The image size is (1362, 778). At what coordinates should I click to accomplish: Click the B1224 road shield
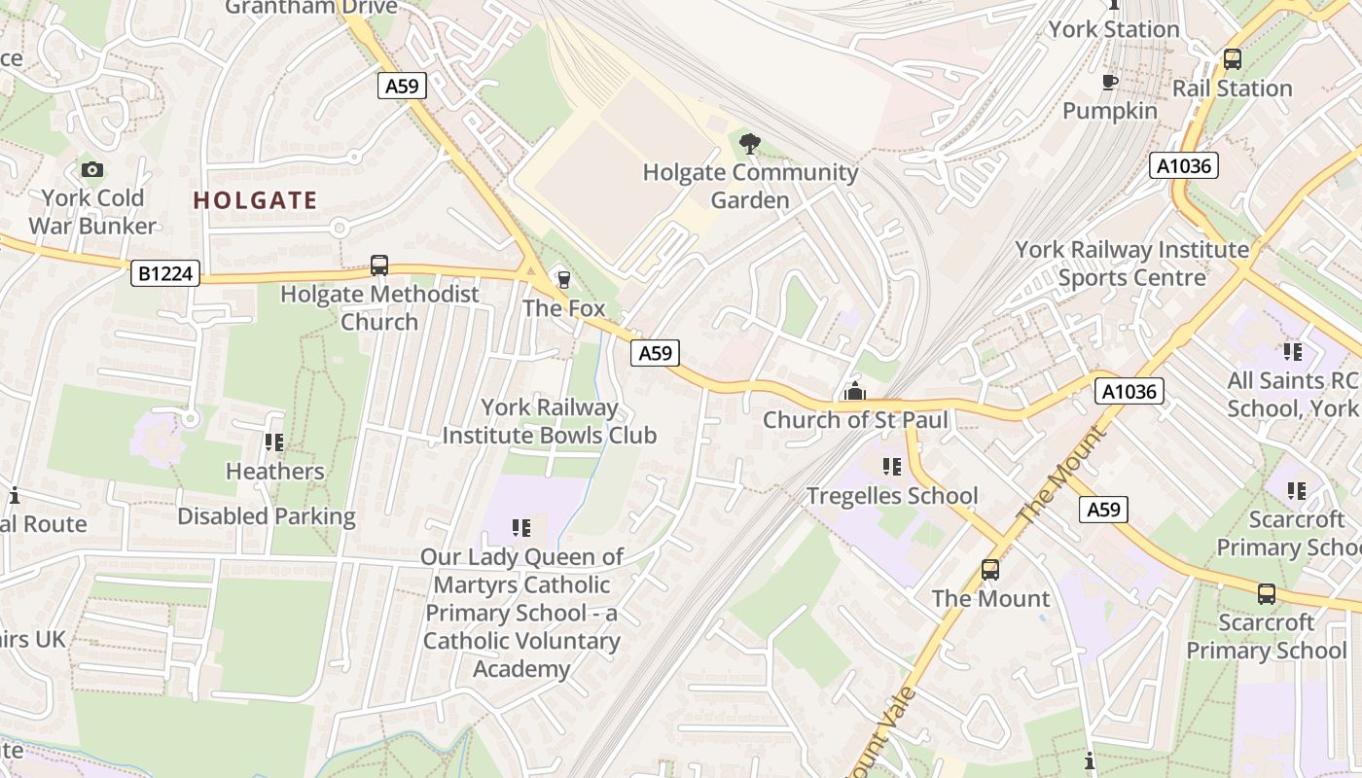point(164,274)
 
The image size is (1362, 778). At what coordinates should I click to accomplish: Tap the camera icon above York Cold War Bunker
point(92,170)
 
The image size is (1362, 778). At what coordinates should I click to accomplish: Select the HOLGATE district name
point(255,201)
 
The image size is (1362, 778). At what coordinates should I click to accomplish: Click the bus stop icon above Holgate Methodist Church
point(379,265)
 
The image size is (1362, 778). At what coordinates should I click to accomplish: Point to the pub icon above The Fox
point(563,280)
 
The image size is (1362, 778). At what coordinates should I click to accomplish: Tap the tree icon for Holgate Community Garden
point(749,145)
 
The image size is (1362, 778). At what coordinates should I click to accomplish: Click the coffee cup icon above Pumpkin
point(1109,83)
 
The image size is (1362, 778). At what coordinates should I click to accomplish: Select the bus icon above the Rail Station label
point(1232,59)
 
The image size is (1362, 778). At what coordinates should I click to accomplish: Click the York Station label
point(1114,29)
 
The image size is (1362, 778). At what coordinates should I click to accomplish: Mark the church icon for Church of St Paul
point(855,392)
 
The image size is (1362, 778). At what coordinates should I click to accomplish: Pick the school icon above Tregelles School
point(891,468)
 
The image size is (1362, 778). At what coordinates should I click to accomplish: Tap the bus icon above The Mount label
point(990,570)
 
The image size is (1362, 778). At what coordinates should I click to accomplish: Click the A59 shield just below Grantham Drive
point(402,87)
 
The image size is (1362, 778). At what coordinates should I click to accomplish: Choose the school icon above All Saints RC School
point(1292,352)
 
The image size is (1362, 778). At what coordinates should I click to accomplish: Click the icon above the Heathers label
point(274,443)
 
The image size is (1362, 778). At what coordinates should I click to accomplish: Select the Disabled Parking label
point(267,516)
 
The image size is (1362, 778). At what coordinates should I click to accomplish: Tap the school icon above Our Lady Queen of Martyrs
point(521,528)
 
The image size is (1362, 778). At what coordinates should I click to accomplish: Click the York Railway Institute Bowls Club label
point(550,421)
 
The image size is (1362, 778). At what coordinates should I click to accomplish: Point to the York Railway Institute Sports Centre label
point(1131,264)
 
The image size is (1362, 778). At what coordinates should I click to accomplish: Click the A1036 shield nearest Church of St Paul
point(1129,392)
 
